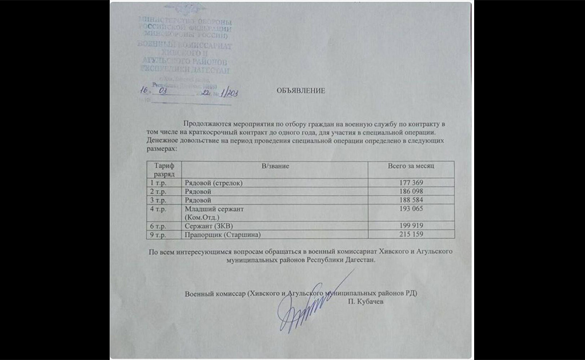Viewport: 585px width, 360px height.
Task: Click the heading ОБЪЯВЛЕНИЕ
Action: [x=301, y=90]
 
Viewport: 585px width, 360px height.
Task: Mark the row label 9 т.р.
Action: [x=158, y=234]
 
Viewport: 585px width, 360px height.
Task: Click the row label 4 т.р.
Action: [x=158, y=209]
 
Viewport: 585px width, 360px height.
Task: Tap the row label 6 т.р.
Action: [x=158, y=226]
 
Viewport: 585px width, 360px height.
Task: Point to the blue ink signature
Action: [x=303, y=309]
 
